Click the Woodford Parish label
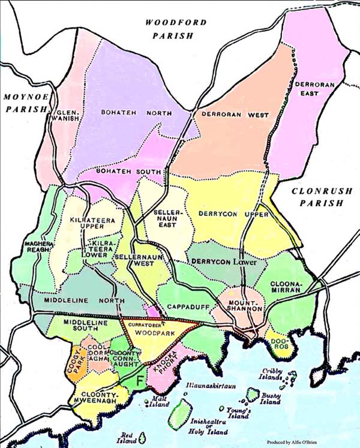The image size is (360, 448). tap(176, 29)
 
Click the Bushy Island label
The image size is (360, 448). tap(271, 398)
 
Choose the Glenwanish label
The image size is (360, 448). tap(66, 117)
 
